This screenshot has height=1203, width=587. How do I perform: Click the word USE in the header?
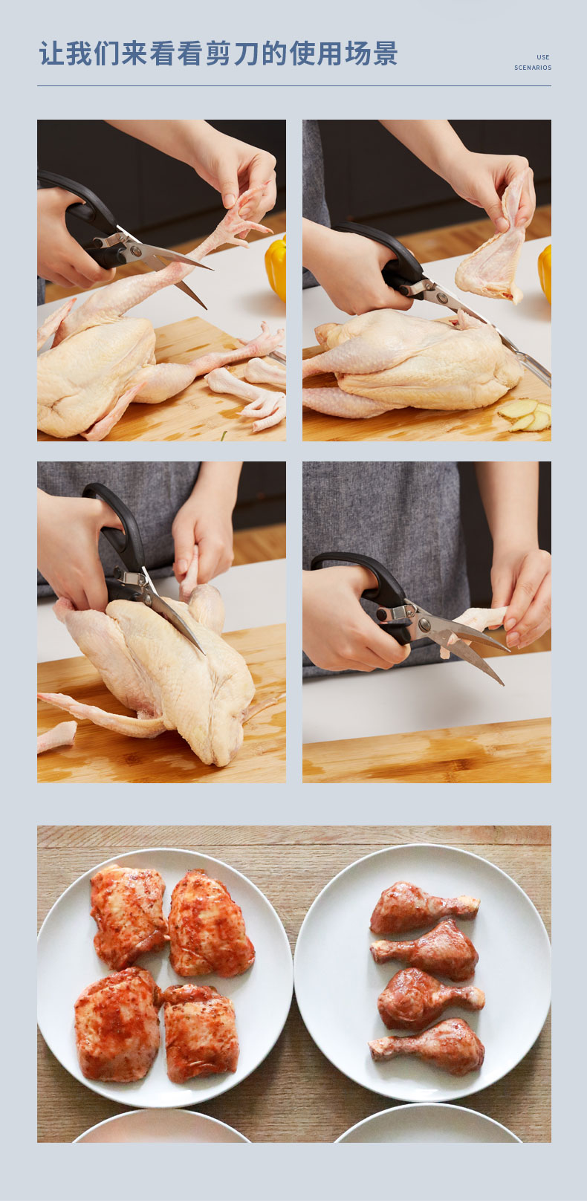[x=542, y=57]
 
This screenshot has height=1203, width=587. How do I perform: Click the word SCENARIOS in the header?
[x=533, y=68]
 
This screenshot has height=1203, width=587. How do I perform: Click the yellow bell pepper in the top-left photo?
[x=276, y=267]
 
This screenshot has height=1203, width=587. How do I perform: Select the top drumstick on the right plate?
[x=424, y=907]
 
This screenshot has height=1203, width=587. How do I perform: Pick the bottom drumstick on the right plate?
[x=427, y=1047]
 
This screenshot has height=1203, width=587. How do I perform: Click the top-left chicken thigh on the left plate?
[x=128, y=915]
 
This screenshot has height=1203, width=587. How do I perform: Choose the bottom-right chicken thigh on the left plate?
[x=200, y=1033]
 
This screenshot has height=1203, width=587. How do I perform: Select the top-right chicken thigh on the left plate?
[x=210, y=924]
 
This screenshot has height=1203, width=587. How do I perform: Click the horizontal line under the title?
[x=293, y=85]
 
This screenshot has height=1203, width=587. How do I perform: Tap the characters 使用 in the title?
[x=316, y=53]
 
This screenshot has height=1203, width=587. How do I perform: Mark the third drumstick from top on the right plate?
[x=429, y=999]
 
